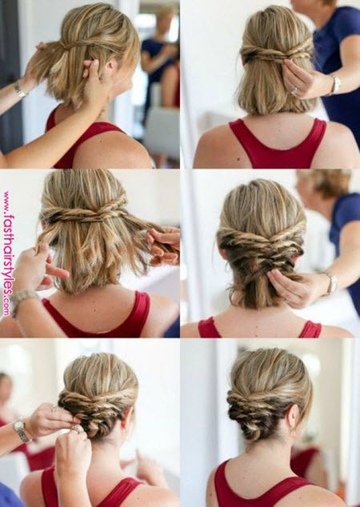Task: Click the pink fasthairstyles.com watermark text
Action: [x=7, y=253]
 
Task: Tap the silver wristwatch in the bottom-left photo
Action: [x=22, y=429]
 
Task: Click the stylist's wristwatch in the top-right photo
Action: [x=335, y=85]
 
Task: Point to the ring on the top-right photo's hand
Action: [x=295, y=91]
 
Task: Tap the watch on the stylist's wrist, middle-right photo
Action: [x=331, y=284]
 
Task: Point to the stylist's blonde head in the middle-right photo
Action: [x=323, y=184]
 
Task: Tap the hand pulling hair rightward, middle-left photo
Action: [x=164, y=245]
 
